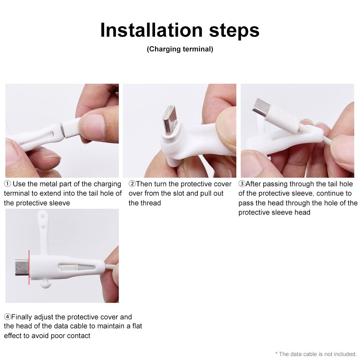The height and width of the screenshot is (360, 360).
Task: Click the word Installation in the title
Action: [151, 30]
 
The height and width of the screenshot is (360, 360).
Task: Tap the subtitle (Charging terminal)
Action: [180, 49]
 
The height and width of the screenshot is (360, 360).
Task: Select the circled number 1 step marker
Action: [7, 184]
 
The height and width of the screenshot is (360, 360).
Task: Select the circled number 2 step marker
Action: [132, 184]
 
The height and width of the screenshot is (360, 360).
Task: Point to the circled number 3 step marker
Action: [242, 184]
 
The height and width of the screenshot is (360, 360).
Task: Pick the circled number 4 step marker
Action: [7, 317]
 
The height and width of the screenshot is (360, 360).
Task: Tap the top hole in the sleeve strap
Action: [42, 216]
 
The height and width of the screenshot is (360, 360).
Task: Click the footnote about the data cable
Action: [316, 354]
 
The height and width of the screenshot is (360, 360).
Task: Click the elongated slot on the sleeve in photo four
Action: [77, 267]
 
